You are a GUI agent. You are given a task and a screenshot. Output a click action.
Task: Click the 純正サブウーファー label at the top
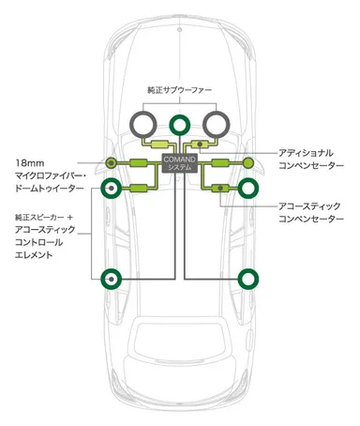tap(179, 91)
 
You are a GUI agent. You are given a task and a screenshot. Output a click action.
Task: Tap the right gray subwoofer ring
tap(217, 123)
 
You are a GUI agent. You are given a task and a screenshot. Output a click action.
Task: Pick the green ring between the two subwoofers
tap(180, 123)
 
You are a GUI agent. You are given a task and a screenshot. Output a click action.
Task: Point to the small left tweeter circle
tap(112, 162)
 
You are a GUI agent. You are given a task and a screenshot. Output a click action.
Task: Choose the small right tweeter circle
tap(247, 162)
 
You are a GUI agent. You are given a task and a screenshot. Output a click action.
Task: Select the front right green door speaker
tap(247, 190)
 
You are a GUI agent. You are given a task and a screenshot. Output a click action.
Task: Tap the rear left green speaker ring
tap(112, 277)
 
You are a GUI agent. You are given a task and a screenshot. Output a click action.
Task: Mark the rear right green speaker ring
tap(247, 277)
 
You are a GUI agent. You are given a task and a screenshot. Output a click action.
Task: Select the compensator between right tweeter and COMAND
tap(219, 162)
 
